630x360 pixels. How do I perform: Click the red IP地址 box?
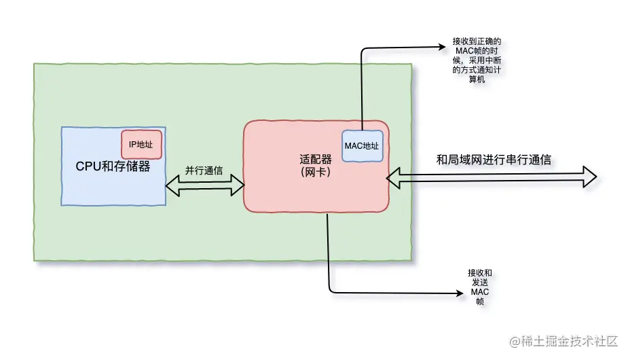[x=141, y=144]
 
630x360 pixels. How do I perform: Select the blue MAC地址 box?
[x=362, y=146]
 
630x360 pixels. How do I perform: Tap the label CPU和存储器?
[x=113, y=166]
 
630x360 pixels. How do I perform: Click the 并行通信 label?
[x=204, y=170]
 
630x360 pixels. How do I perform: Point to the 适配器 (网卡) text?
[x=316, y=166]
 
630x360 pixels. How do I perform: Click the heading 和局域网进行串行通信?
[x=494, y=160]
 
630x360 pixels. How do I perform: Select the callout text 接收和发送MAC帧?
[x=480, y=287]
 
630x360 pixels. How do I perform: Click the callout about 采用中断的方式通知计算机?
[x=477, y=60]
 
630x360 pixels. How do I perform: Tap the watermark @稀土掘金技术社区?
[x=563, y=341]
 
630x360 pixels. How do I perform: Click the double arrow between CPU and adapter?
[x=205, y=185]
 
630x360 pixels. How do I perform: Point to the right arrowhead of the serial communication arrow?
[x=590, y=177]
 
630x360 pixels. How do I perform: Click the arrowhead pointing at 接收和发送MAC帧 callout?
[x=460, y=293]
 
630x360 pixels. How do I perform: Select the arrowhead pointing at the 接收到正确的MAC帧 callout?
[x=442, y=47]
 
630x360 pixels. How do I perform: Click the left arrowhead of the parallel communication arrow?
[x=172, y=185]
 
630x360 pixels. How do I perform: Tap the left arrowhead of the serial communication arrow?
[x=393, y=178]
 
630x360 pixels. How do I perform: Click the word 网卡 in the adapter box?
[x=316, y=172]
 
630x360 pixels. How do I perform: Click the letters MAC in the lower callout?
[x=480, y=291]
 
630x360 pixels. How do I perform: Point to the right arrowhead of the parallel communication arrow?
[x=238, y=185]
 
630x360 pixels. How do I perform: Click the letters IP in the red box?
[x=132, y=145]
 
